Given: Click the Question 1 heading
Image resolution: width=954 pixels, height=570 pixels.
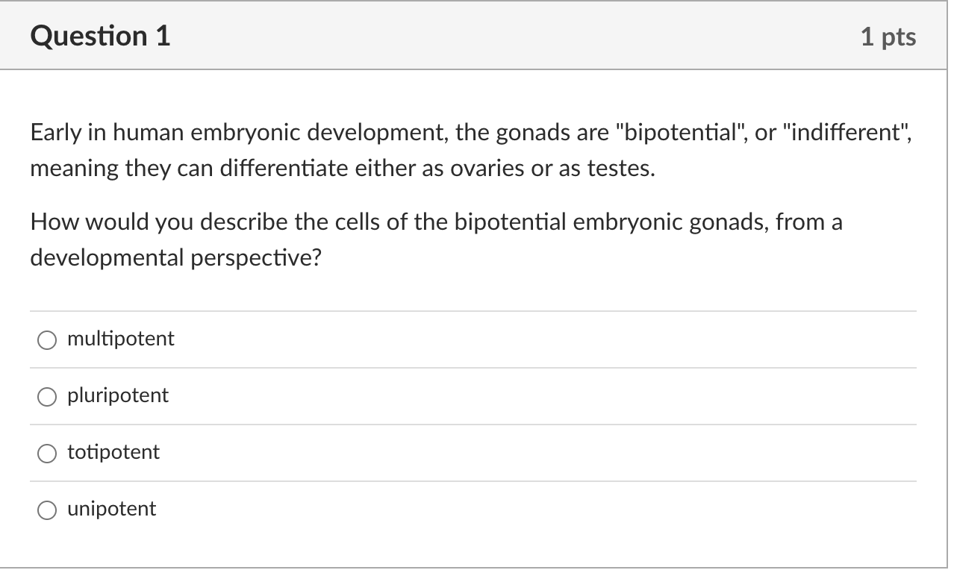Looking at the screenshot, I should pos(101,36).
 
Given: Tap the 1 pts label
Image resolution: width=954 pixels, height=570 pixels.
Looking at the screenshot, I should pos(888,37).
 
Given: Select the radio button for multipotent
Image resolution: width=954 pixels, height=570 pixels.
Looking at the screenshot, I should pos(47,340).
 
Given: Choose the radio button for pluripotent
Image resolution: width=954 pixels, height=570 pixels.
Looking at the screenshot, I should pos(47,397).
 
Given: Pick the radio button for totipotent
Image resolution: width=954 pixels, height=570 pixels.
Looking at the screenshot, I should pos(47,454).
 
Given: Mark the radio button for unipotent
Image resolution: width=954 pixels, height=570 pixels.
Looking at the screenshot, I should pos(47,510).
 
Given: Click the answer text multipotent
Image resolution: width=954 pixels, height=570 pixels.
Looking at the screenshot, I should pos(121,339).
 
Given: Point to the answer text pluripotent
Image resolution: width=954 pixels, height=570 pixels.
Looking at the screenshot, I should pos(118,395).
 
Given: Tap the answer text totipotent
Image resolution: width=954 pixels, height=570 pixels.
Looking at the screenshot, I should pos(113,452).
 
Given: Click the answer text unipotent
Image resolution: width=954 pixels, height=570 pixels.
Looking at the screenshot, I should pos(112,509).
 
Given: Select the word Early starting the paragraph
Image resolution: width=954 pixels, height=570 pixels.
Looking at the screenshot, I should pos(54,133).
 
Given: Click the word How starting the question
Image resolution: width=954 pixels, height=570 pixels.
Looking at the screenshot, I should pos(51,222).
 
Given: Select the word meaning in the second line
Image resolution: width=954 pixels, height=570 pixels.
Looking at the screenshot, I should pos(74,169).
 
